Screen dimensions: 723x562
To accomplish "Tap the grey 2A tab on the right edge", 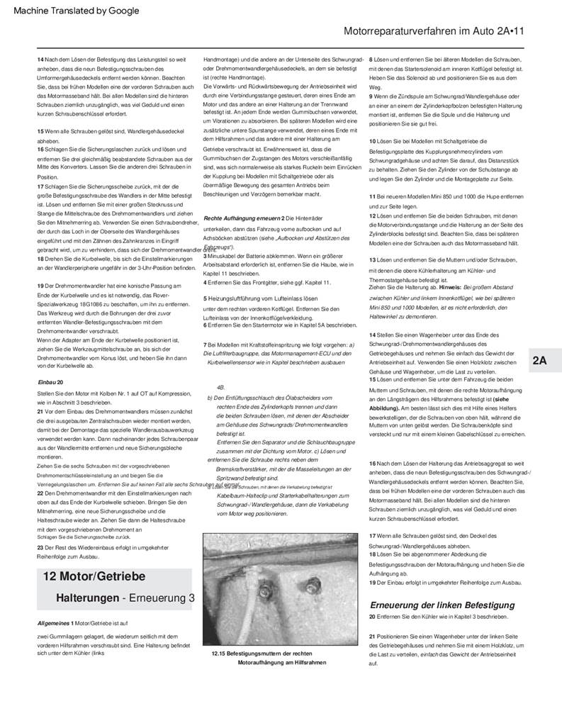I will pos(539,361).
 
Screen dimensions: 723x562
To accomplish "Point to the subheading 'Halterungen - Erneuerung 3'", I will pos(125,599).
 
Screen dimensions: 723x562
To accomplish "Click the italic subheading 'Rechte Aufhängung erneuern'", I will pos(241,218).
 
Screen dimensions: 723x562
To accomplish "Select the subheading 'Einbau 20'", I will pos(50,382).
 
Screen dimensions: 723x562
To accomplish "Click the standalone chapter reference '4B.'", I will pos(221,388).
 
